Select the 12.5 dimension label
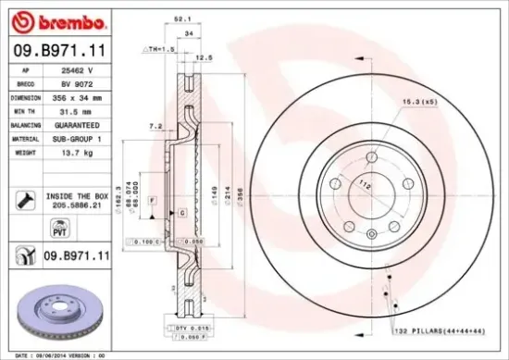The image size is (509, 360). pyautogui.click(x=209, y=57)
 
